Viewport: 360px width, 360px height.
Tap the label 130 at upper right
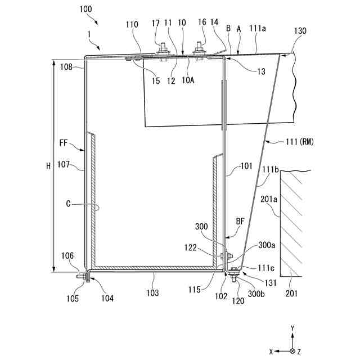(300, 32)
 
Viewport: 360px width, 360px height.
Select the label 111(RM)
(298, 143)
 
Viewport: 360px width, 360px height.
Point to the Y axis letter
(292, 327)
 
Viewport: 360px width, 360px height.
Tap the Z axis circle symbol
(292, 351)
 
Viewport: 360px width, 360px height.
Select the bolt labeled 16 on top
(199, 49)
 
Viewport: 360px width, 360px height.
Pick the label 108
(66, 67)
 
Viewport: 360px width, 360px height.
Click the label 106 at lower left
(67, 256)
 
